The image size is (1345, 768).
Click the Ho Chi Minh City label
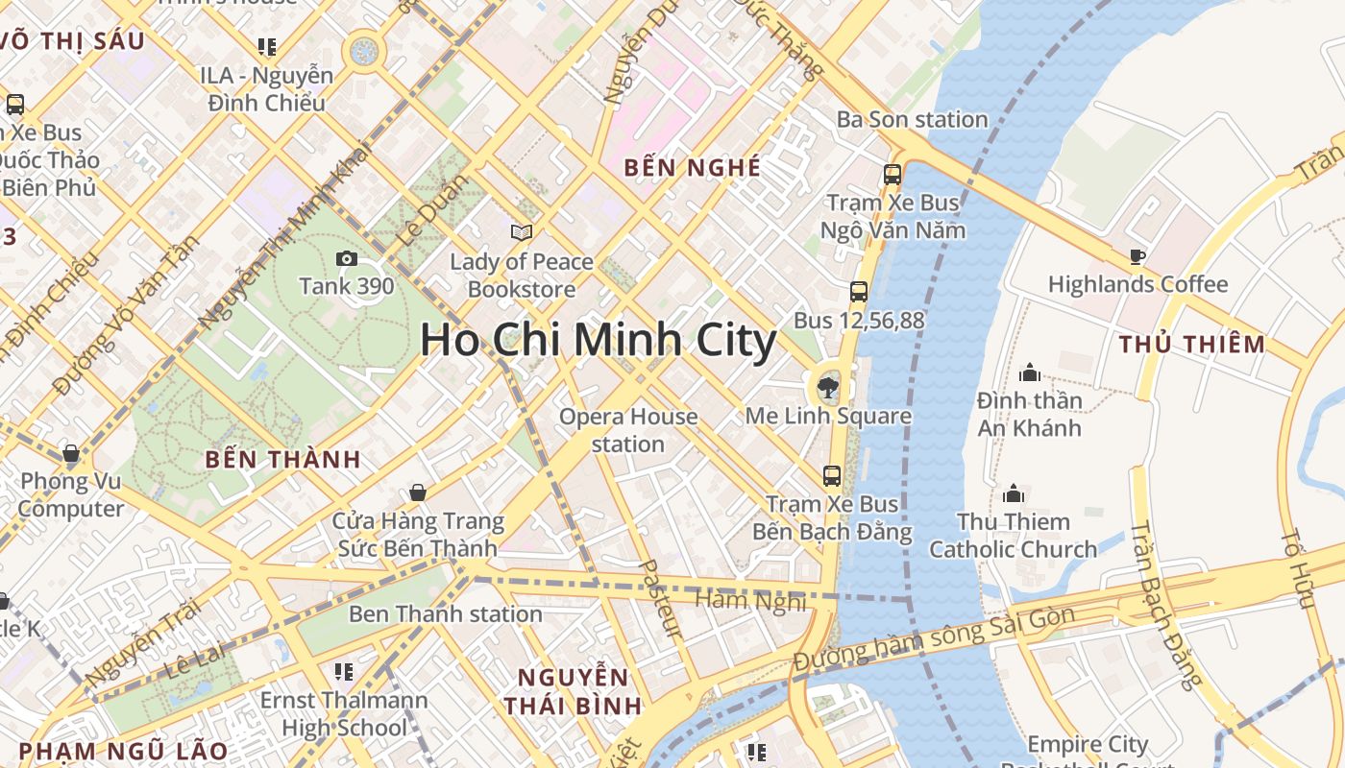point(598,341)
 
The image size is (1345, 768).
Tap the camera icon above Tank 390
point(347,258)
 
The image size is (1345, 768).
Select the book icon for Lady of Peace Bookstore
point(522,232)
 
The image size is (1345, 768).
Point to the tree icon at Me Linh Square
point(826,388)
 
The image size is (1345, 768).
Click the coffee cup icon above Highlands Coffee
point(1137,256)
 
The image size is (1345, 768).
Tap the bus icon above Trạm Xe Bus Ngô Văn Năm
point(893,175)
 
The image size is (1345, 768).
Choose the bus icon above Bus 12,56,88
point(859,292)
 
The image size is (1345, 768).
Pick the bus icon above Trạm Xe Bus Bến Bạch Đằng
point(832,475)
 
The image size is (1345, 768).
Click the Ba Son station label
point(912,120)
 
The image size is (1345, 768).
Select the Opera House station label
point(628,430)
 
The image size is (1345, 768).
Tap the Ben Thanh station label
point(446,613)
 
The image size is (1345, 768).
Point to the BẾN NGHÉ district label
point(692,168)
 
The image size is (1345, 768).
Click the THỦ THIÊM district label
point(1192,344)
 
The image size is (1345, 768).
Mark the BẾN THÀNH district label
point(282,459)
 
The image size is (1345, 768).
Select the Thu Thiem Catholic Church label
point(1013,536)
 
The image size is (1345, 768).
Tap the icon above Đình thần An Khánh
point(1030,372)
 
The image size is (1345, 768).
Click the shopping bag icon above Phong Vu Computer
point(70,453)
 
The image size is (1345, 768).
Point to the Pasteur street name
point(659,599)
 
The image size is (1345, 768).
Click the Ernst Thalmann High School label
point(344,713)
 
